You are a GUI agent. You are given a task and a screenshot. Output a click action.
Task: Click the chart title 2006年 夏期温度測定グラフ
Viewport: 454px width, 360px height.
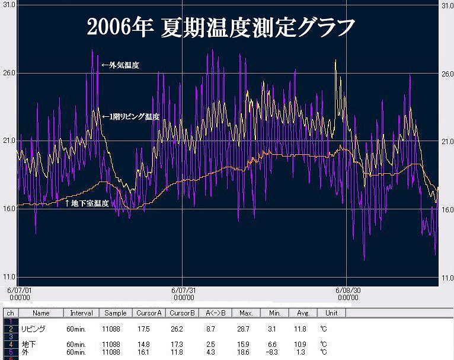click(220, 26)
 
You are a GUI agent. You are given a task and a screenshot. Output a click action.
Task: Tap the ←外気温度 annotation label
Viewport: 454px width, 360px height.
click(120, 66)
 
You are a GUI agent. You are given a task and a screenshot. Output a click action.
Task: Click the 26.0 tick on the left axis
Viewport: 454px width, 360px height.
click(8, 74)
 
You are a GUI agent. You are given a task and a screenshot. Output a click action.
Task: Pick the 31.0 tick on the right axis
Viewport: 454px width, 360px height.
click(446, 5)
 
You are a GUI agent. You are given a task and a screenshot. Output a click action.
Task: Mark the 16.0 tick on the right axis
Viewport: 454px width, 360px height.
click(446, 209)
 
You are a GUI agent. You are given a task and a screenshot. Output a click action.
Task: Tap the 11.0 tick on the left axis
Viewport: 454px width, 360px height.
click(8, 278)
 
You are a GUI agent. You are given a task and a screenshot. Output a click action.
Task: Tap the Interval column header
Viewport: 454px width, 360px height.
click(81, 313)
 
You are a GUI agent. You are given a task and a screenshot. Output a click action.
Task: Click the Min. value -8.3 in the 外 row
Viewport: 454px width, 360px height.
click(273, 351)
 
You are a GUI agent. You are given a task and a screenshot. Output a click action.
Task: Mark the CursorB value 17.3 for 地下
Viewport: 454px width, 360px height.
click(179, 344)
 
